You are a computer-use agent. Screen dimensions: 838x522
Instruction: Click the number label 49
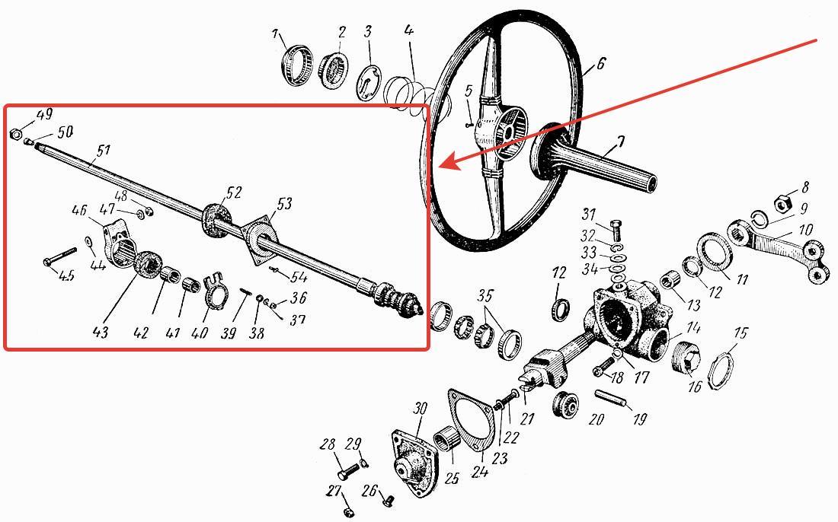click(44, 114)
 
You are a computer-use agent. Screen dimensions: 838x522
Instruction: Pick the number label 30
click(421, 409)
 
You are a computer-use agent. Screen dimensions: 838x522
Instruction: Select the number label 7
click(620, 142)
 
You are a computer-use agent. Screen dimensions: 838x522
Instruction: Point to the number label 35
click(485, 296)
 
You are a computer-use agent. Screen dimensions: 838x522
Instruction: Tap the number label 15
click(740, 333)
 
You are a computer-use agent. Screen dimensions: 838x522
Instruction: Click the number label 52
click(234, 193)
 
